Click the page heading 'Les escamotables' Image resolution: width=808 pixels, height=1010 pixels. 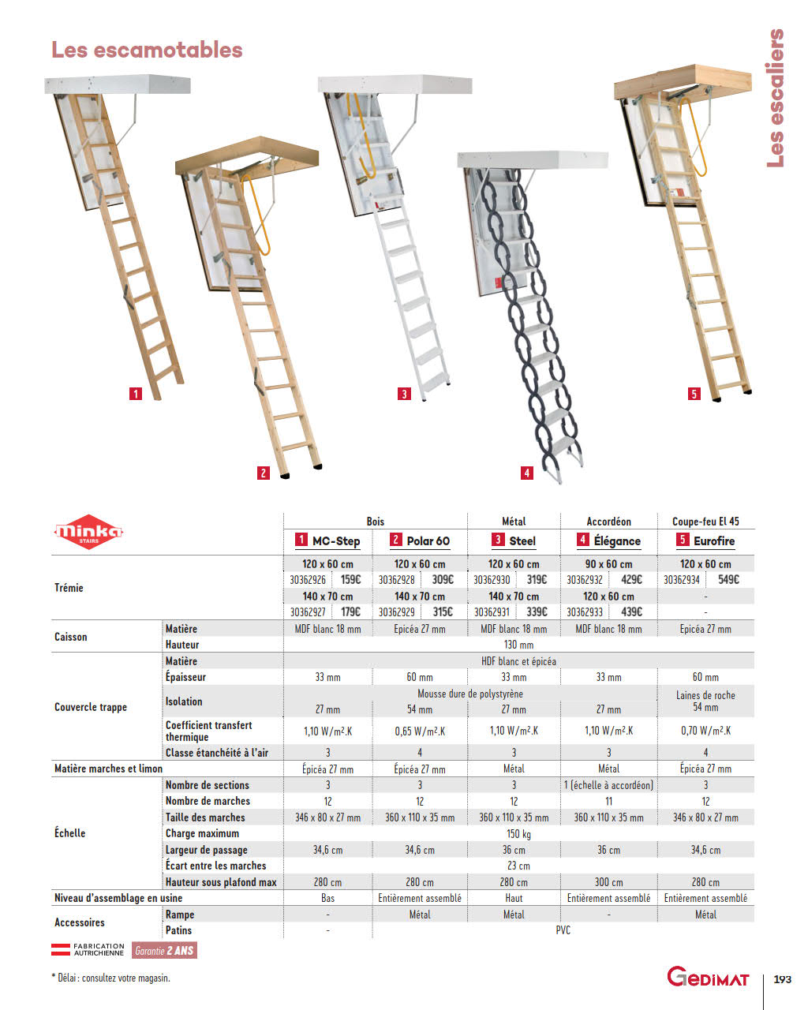[147, 50]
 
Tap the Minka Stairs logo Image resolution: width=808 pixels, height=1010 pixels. [88, 533]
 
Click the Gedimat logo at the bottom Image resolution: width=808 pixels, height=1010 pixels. [708, 977]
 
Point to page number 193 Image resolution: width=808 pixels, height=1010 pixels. [782, 979]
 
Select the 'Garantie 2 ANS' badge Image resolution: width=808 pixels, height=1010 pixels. [163, 951]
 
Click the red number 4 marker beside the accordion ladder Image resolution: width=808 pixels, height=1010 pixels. [527, 473]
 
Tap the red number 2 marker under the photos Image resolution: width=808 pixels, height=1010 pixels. [264, 473]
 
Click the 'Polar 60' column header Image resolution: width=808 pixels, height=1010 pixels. [420, 541]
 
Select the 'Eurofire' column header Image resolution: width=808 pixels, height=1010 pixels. [705, 541]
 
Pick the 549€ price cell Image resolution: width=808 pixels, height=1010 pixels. [728, 580]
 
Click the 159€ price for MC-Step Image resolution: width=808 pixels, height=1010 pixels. [350, 580]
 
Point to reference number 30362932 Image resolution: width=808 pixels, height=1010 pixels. [585, 580]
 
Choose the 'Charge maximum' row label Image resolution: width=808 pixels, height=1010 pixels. [202, 834]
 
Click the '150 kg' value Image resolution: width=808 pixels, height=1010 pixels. [518, 834]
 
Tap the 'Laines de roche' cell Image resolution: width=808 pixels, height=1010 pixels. [705, 695]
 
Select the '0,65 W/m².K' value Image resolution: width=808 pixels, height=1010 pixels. [420, 731]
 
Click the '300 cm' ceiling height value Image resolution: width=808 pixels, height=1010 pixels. [608, 882]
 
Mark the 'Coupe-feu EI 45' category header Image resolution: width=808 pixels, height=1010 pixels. [705, 522]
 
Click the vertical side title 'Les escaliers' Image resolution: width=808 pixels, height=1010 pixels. [776, 98]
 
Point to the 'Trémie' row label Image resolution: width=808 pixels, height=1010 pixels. [69, 588]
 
